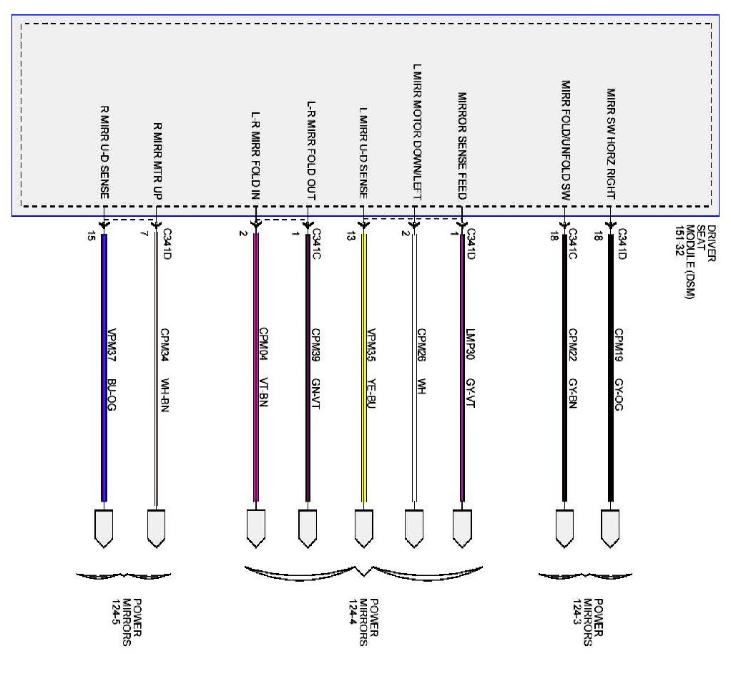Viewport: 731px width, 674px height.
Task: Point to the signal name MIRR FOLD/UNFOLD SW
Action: click(565, 139)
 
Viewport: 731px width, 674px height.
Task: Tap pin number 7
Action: click(144, 235)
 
